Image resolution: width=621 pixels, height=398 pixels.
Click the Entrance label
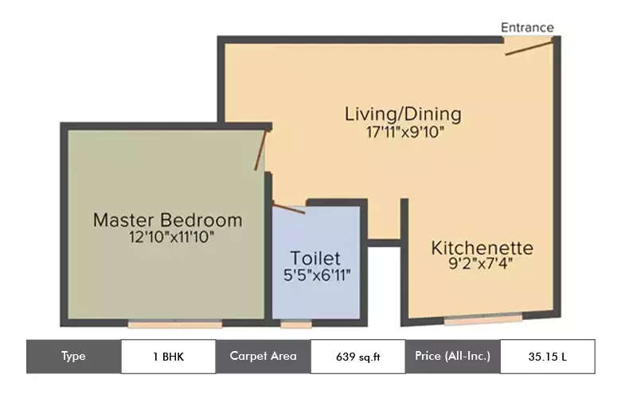click(526, 27)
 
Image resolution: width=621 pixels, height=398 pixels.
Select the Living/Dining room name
click(402, 114)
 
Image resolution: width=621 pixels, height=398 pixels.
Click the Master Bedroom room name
click(167, 220)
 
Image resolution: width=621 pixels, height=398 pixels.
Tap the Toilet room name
click(315, 258)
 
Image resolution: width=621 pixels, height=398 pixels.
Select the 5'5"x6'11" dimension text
click(317, 275)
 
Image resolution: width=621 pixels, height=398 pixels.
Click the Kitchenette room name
click(482, 248)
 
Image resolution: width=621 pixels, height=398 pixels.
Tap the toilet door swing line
click(288, 208)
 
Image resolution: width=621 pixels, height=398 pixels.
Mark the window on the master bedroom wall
click(174, 324)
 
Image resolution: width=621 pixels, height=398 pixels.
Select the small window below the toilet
click(296, 324)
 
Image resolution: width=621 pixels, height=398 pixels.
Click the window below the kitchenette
click(482, 320)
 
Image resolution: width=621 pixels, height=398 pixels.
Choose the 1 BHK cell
click(167, 357)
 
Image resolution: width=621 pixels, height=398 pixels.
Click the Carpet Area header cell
click(263, 357)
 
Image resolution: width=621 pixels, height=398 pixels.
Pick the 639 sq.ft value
click(357, 357)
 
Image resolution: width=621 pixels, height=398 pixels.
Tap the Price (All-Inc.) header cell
click(452, 357)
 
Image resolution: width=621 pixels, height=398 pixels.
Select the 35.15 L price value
click(547, 357)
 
